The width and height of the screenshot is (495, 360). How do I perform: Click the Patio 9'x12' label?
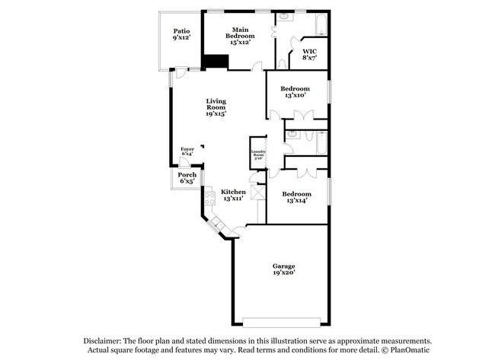tap(180, 34)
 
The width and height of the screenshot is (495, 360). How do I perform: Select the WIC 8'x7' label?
tap(310, 53)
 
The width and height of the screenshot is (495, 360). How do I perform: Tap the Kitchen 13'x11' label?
tap(233, 196)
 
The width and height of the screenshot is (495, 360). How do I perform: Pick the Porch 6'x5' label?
tap(187, 180)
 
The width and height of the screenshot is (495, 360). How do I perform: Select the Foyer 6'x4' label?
tap(187, 151)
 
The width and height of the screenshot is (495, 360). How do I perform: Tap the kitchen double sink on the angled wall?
tap(218, 224)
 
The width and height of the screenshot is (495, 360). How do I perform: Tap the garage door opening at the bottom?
tap(282, 318)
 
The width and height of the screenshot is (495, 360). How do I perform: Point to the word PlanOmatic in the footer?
tap(411, 351)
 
